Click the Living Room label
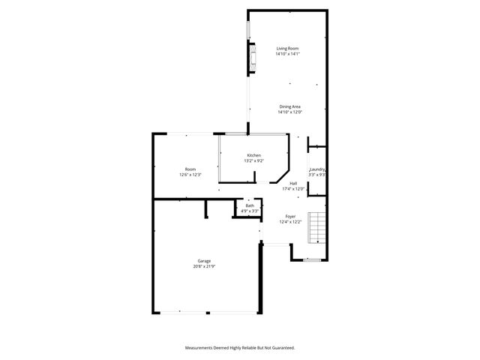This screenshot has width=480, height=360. pyautogui.click(x=287, y=49)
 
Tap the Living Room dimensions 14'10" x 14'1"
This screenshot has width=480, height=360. pyautogui.click(x=287, y=54)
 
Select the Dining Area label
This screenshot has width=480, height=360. pyautogui.click(x=290, y=107)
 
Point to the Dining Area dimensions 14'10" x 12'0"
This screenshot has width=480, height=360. pyautogui.click(x=290, y=112)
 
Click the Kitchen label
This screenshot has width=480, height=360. pyautogui.click(x=254, y=155)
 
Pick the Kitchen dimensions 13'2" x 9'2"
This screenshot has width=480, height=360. pyautogui.click(x=254, y=160)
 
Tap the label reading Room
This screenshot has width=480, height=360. pyautogui.click(x=190, y=169)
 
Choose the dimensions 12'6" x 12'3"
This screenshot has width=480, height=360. pyautogui.click(x=190, y=174)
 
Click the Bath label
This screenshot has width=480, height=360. pyautogui.click(x=250, y=205)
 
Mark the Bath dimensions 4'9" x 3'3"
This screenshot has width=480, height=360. pyautogui.click(x=250, y=211)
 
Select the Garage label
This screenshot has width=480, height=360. pyautogui.click(x=204, y=261)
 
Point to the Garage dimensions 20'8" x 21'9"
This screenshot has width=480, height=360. pyautogui.click(x=204, y=266)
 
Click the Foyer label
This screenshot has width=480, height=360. pyautogui.click(x=290, y=216)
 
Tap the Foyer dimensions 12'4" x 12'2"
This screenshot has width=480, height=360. pyautogui.click(x=290, y=221)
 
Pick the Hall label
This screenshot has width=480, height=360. pyautogui.click(x=293, y=184)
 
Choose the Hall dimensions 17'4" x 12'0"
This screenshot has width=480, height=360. pyautogui.click(x=293, y=189)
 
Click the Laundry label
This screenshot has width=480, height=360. pyautogui.click(x=317, y=169)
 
